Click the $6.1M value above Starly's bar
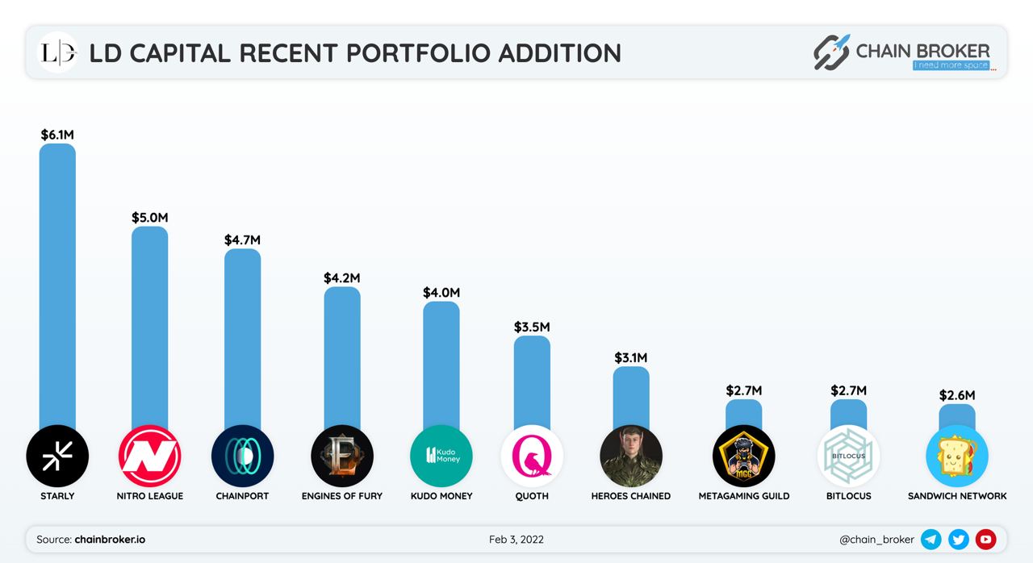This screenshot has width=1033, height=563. (57, 135)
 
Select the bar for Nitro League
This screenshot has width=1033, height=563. (150, 323)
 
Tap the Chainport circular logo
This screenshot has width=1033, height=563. (242, 456)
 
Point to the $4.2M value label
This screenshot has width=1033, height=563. (341, 277)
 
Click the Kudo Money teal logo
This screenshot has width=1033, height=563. (441, 456)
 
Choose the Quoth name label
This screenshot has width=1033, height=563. (532, 496)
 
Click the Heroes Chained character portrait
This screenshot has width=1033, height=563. (631, 456)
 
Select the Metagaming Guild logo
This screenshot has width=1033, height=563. (743, 456)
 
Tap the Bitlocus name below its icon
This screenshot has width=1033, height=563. (848, 496)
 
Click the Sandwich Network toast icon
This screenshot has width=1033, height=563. (956, 456)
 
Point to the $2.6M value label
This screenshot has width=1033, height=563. (957, 395)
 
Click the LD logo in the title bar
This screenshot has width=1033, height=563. (58, 53)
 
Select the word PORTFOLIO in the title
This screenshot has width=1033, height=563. (419, 53)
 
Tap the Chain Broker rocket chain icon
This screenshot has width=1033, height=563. (831, 52)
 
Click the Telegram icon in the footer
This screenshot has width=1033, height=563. (931, 540)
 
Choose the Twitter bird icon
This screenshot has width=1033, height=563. (959, 540)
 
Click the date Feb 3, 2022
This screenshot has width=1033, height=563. (516, 540)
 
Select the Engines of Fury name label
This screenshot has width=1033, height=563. (341, 496)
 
